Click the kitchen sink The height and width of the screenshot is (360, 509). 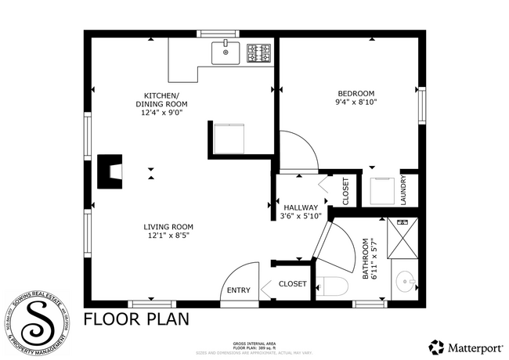click(227, 53)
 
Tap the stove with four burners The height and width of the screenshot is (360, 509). click(259, 53)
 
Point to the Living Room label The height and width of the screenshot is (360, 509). click(168, 226)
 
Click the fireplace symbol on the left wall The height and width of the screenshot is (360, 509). click(110, 171)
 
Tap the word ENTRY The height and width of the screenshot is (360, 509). click(239, 290)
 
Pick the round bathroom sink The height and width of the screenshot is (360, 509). click(405, 282)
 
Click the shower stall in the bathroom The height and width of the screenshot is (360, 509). click(403, 239)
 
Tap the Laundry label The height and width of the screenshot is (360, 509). click(404, 190)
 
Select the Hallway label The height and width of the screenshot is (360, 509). click(301, 207)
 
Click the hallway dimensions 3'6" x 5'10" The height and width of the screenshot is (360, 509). click(301, 217)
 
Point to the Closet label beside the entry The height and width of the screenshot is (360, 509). click(293, 284)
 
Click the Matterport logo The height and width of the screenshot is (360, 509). click(463, 345)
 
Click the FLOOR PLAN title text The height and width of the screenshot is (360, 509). click(135, 319)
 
